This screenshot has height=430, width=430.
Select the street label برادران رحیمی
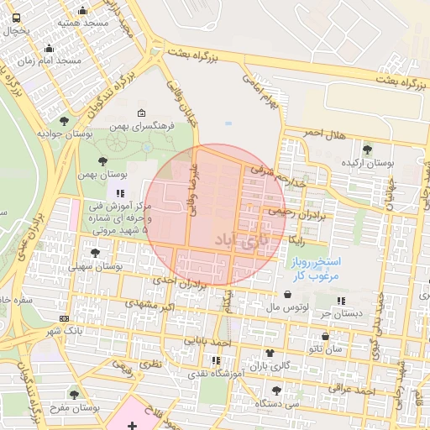(295, 213)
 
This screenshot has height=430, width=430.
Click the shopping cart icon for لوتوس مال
(290, 296)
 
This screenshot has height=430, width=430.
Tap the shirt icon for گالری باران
(269, 353)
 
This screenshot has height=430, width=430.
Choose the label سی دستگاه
(278, 403)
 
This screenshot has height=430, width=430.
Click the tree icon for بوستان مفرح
(74, 394)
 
